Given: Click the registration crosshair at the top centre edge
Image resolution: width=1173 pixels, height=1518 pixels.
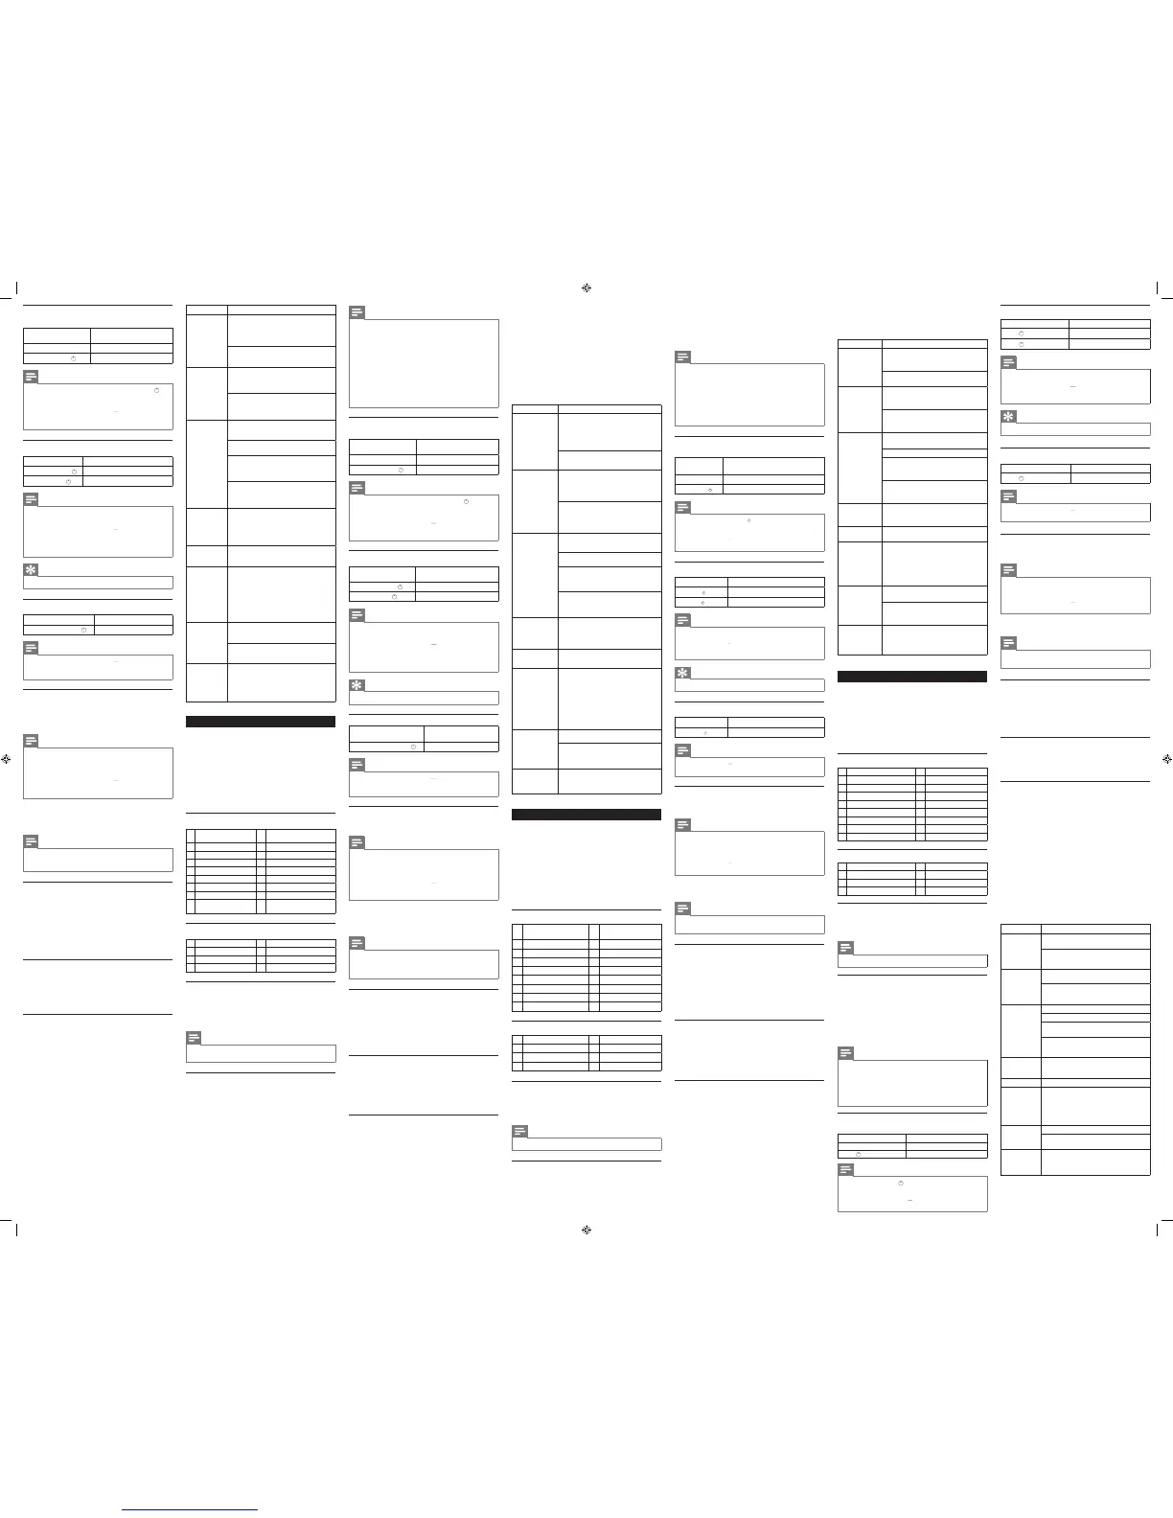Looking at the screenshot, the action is (586, 287).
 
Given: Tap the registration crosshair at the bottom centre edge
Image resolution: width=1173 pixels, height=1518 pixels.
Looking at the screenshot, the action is (586, 1230).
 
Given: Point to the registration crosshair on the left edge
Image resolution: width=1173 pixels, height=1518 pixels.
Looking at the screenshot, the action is (8, 758).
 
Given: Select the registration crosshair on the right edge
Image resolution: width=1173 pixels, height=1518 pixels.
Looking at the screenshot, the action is (1165, 758).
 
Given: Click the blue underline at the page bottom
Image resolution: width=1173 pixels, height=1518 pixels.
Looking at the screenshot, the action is (191, 1509).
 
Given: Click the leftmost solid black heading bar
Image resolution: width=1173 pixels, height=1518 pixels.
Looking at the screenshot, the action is (260, 722).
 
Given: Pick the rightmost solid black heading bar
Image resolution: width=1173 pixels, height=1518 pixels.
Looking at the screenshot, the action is (911, 677).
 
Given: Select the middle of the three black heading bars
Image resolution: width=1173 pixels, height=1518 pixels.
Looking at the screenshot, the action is (586, 815).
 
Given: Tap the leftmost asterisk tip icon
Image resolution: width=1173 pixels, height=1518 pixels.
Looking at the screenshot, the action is (31, 570).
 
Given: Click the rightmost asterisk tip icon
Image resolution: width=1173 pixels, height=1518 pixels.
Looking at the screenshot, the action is (1008, 417).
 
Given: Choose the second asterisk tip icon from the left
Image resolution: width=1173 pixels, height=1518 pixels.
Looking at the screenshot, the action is (356, 685).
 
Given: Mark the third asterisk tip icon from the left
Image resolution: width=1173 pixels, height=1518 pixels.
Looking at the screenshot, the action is (682, 673).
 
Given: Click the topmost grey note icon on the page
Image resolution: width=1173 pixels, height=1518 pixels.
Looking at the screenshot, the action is (356, 312).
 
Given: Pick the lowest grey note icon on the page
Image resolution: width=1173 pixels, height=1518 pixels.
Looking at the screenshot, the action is (845, 1169).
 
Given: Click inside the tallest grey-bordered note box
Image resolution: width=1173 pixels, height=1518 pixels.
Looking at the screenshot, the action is (424, 363).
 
